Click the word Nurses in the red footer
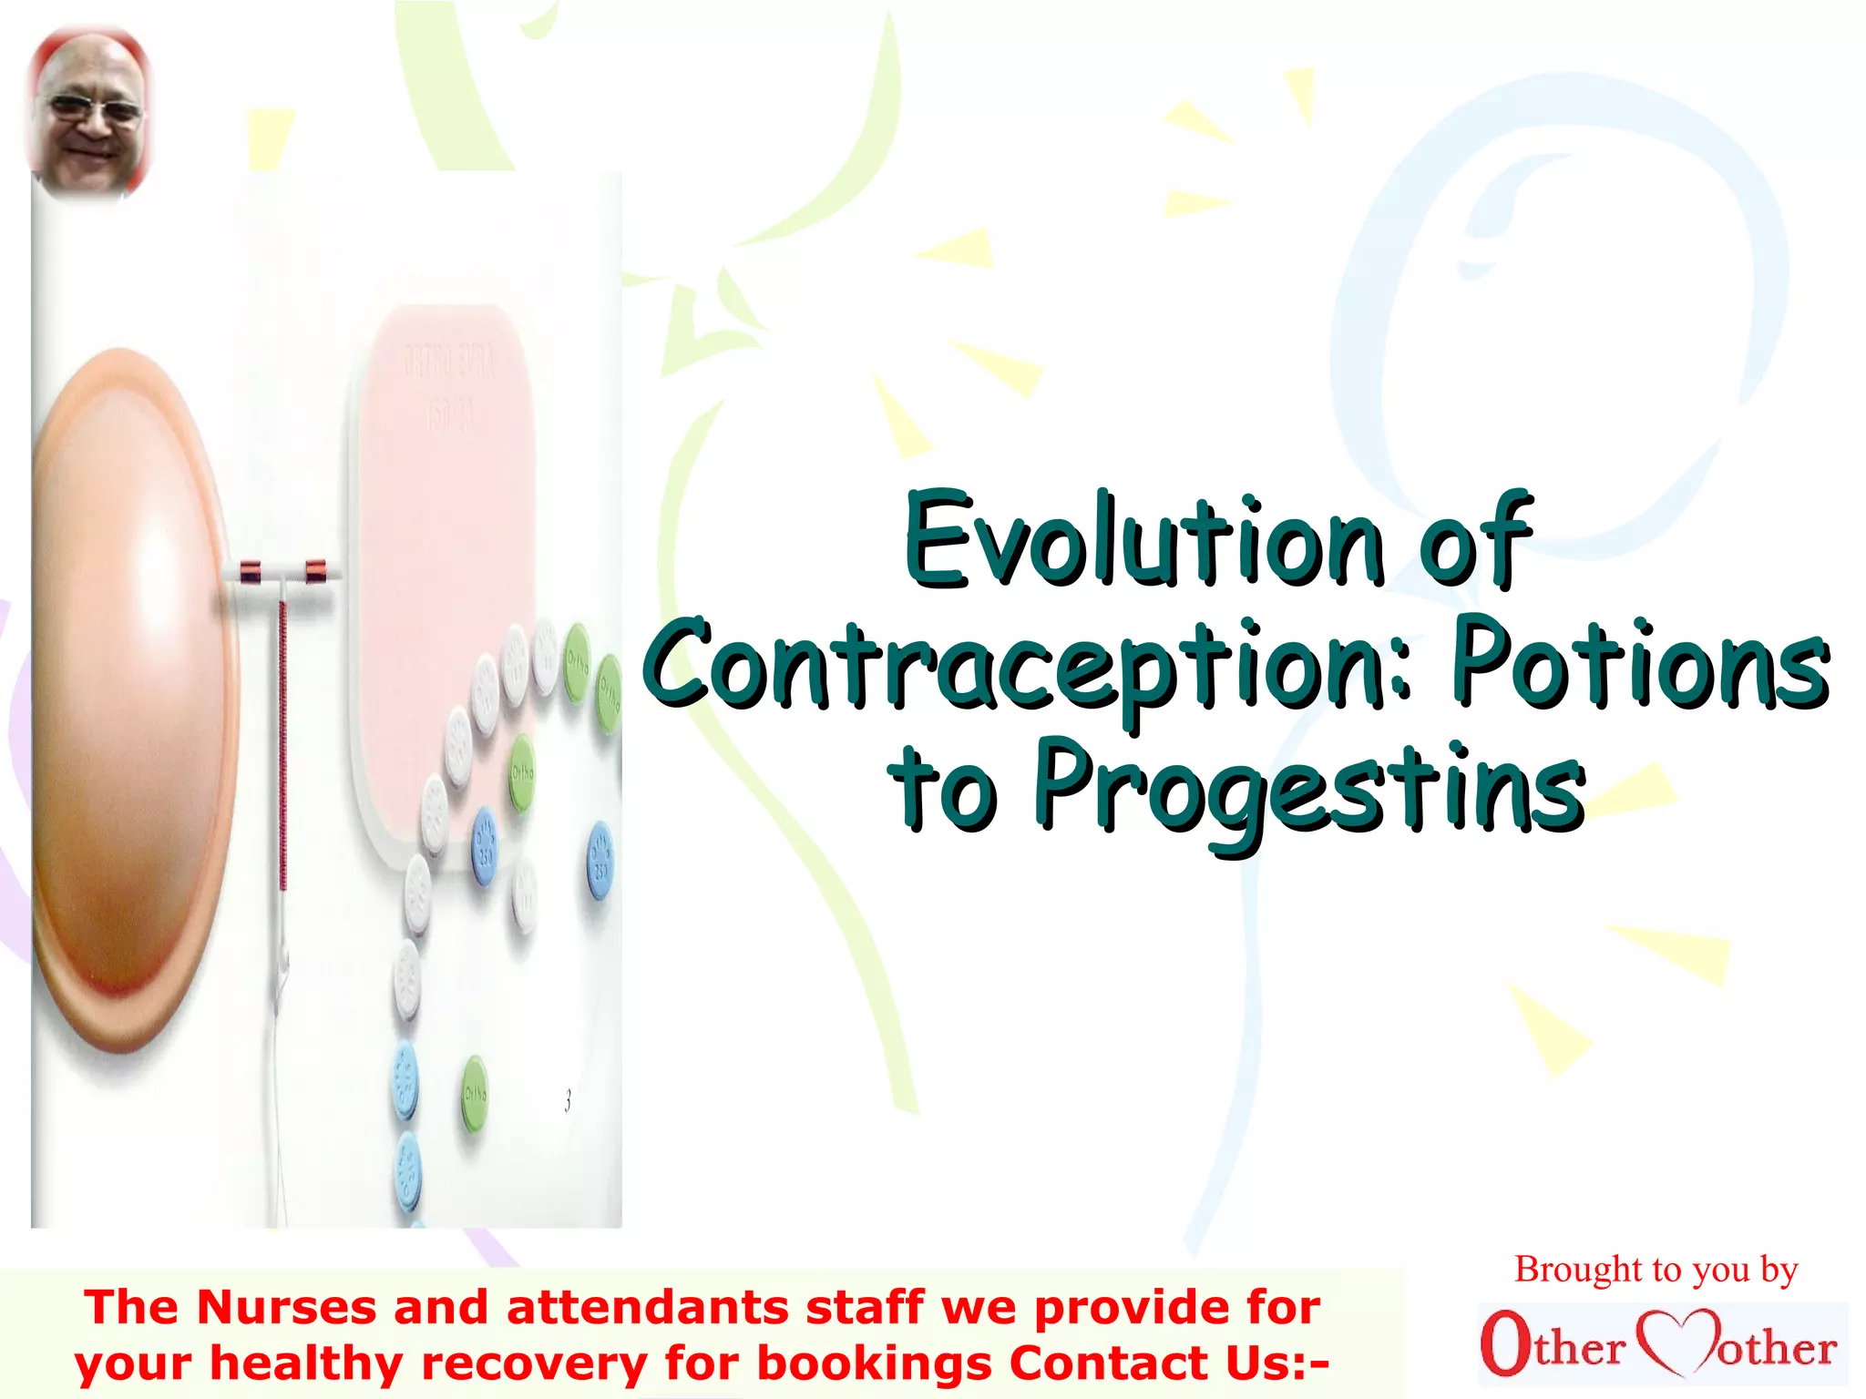click(286, 1308)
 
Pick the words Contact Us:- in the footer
click(1169, 1363)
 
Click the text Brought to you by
click(1656, 1269)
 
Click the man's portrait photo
click(89, 112)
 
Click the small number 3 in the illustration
click(568, 1101)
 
